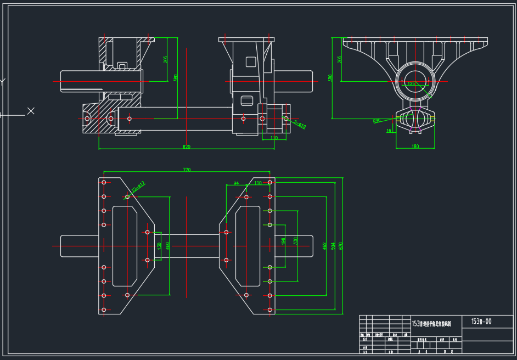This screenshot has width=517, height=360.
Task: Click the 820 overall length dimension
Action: [x=187, y=147]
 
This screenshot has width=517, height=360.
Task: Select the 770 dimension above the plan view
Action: [x=187, y=170]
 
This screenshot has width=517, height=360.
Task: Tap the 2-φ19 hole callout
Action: [x=300, y=125]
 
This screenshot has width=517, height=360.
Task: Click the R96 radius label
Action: [x=376, y=120]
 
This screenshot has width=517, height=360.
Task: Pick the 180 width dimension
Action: [x=415, y=147]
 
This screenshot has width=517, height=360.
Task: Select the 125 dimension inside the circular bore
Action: [x=411, y=83]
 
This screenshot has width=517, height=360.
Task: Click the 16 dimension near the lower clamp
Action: [x=389, y=131]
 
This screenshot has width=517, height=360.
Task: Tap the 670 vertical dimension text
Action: [x=341, y=245]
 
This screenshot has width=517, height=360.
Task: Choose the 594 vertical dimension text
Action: [x=333, y=245]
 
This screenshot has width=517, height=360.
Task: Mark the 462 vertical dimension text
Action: [x=324, y=245]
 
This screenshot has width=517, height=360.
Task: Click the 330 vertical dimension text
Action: [x=295, y=241]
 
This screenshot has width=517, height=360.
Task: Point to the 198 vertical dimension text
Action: [x=283, y=241]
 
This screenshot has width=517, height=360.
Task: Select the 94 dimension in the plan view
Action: [x=237, y=183]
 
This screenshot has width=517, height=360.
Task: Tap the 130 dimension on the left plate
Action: [x=159, y=246]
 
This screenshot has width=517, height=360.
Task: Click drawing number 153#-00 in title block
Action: [x=481, y=321]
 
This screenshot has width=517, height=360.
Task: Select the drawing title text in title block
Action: [x=431, y=324]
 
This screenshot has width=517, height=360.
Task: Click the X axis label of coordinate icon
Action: [x=31, y=111]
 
